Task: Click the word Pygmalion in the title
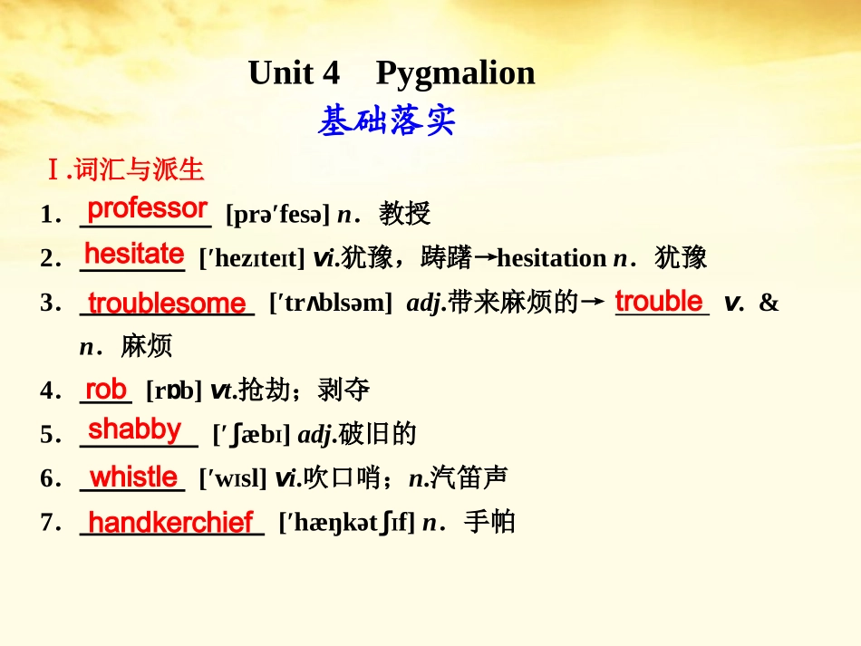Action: tap(455, 74)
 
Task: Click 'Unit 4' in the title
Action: tap(294, 73)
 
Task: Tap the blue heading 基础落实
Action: tap(387, 121)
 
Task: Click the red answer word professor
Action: tap(147, 208)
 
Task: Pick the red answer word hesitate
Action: tap(134, 253)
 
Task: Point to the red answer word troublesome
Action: tap(167, 303)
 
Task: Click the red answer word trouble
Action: tap(659, 301)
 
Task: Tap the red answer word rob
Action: tap(106, 390)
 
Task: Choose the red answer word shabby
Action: tap(135, 429)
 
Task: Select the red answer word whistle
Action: tap(134, 477)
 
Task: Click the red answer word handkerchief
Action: tap(170, 522)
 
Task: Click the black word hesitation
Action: tap(551, 259)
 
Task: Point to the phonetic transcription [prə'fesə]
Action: tap(277, 215)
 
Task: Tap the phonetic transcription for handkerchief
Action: tap(347, 523)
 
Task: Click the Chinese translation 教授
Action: tap(404, 215)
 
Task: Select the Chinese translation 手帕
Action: tap(489, 523)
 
